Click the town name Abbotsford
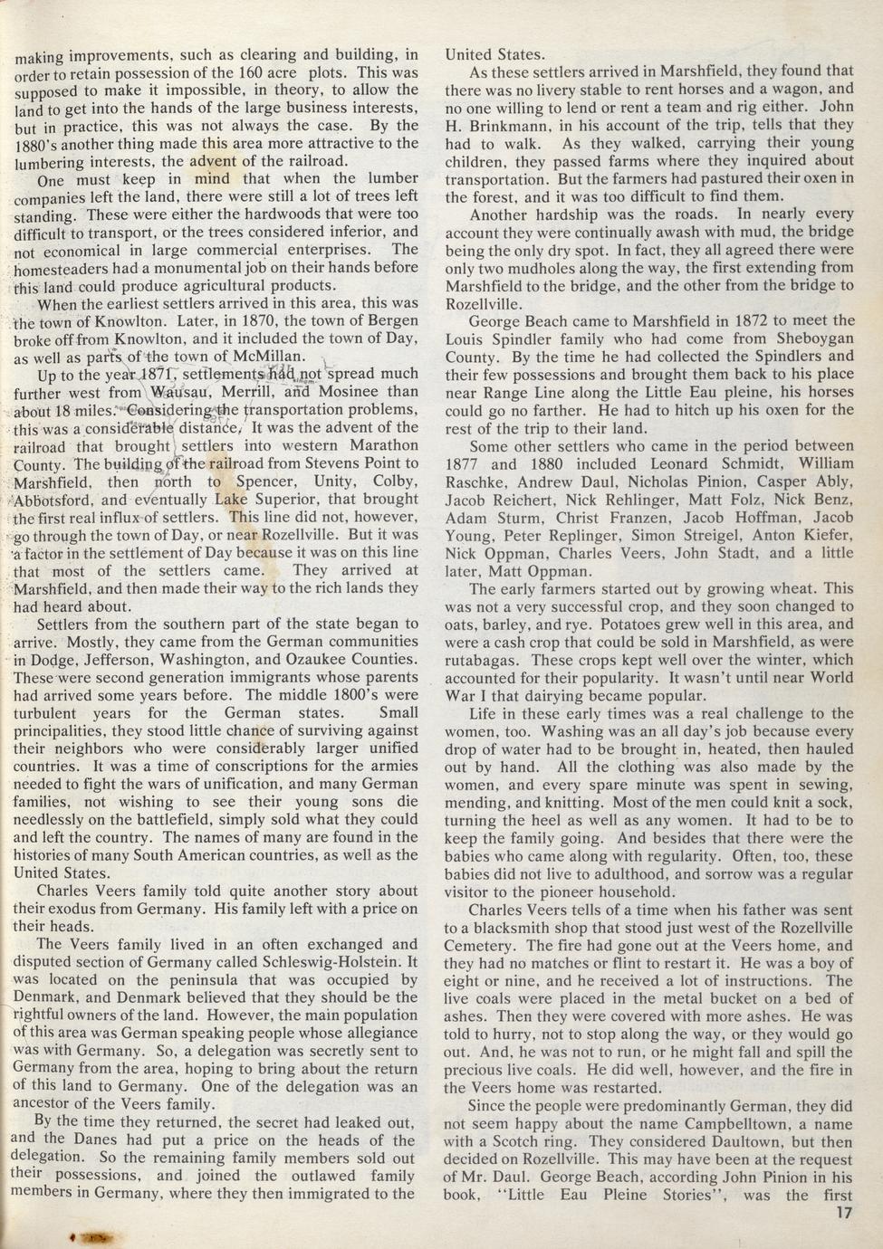pyautogui.click(x=54, y=499)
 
